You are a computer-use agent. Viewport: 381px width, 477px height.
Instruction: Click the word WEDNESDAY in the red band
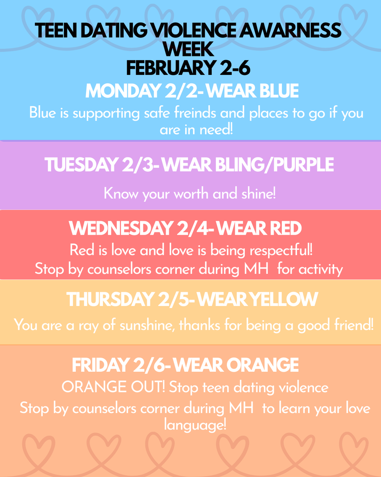click(120, 229)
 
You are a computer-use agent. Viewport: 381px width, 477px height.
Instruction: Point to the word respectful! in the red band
click(281, 250)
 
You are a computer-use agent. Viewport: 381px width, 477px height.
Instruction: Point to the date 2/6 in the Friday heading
click(149, 366)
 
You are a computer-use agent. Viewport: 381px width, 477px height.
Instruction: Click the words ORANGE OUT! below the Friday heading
click(114, 388)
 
